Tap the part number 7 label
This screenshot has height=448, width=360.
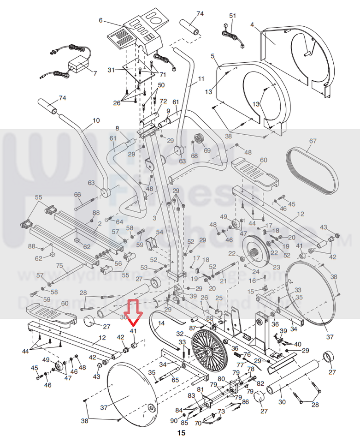coord(95,73)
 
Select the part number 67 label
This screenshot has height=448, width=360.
coord(313,141)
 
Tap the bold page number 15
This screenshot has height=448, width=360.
coord(181,433)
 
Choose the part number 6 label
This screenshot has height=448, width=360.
coord(100,20)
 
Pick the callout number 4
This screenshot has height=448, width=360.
coord(252,24)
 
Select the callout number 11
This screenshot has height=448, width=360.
coord(201,79)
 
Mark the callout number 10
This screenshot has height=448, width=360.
coord(96,121)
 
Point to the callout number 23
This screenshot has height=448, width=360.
coord(276,267)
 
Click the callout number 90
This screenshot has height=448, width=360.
coord(174,420)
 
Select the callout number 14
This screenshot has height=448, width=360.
coord(161,324)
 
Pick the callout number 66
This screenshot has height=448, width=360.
coord(77,195)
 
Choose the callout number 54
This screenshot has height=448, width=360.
coord(159,232)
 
